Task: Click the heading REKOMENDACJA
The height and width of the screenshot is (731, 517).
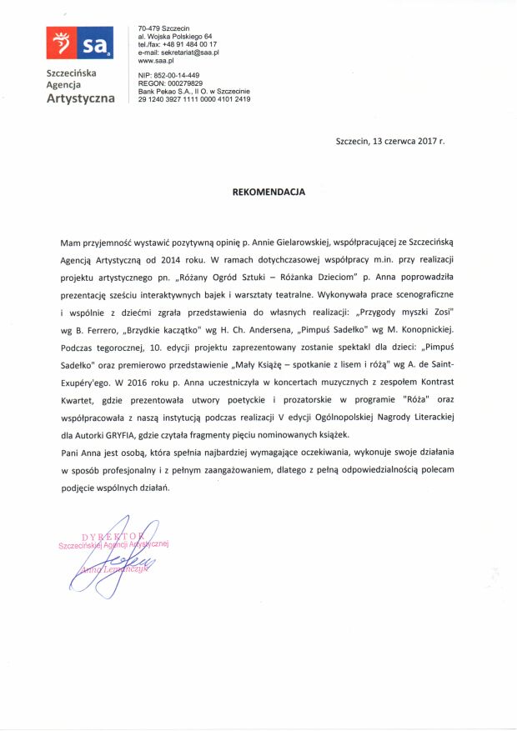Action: tap(269, 191)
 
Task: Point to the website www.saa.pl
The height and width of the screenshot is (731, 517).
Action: tap(156, 61)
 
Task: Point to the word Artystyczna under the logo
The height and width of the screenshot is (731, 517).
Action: tap(80, 99)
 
